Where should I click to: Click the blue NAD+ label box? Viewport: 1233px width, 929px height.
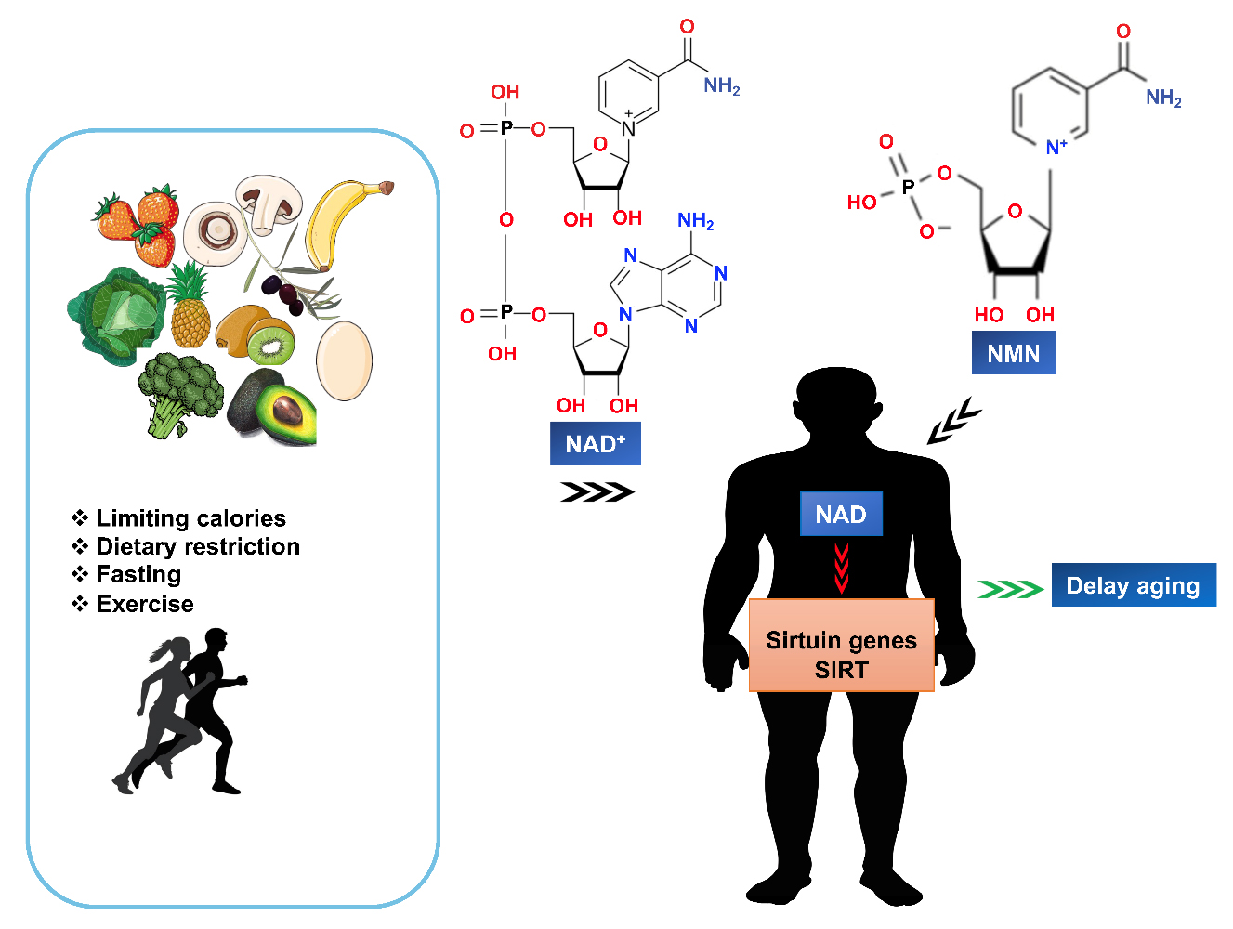595,443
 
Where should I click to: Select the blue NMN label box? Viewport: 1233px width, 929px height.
1014,352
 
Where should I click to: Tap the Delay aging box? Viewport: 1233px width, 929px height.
1134,584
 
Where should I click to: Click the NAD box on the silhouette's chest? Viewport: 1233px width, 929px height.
841,514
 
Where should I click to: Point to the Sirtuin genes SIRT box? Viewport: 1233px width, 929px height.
842,645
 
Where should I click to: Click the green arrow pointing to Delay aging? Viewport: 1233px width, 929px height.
1011,589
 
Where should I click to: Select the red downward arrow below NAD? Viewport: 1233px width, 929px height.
841,569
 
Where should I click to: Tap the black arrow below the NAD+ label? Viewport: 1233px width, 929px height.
597,492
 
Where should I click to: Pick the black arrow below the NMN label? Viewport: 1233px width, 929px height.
953,421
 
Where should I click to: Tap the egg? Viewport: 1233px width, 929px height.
344,360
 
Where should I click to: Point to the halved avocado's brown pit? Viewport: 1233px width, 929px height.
287,412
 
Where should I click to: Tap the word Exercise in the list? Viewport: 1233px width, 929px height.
145,604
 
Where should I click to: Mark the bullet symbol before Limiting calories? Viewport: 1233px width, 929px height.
80,517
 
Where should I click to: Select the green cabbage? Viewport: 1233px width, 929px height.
116,316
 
